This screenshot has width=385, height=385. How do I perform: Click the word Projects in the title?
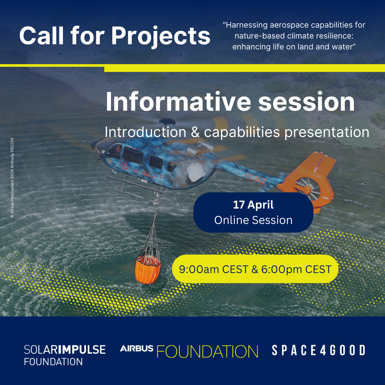pos(161,36)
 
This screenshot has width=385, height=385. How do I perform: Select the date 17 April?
pos(253,205)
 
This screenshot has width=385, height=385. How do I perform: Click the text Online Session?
pos(253,220)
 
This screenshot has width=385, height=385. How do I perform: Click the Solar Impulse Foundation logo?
pos(64,355)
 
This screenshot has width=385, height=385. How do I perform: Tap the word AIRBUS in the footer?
pos(137,349)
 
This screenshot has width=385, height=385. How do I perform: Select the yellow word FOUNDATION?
pos(207,352)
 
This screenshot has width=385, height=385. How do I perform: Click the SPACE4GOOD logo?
pos(318,350)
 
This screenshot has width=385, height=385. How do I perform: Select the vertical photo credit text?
pos(12,178)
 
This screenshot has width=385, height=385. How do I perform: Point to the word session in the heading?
pos(306,102)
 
